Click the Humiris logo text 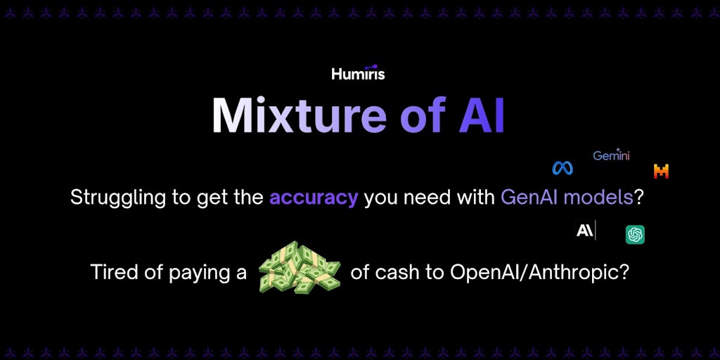coord(358,73)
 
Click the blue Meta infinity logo coord(562,169)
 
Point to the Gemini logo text coord(611,155)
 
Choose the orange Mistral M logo coord(661,172)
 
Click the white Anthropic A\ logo coord(585,230)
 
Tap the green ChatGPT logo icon coord(635,235)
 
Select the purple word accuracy coord(314,198)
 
